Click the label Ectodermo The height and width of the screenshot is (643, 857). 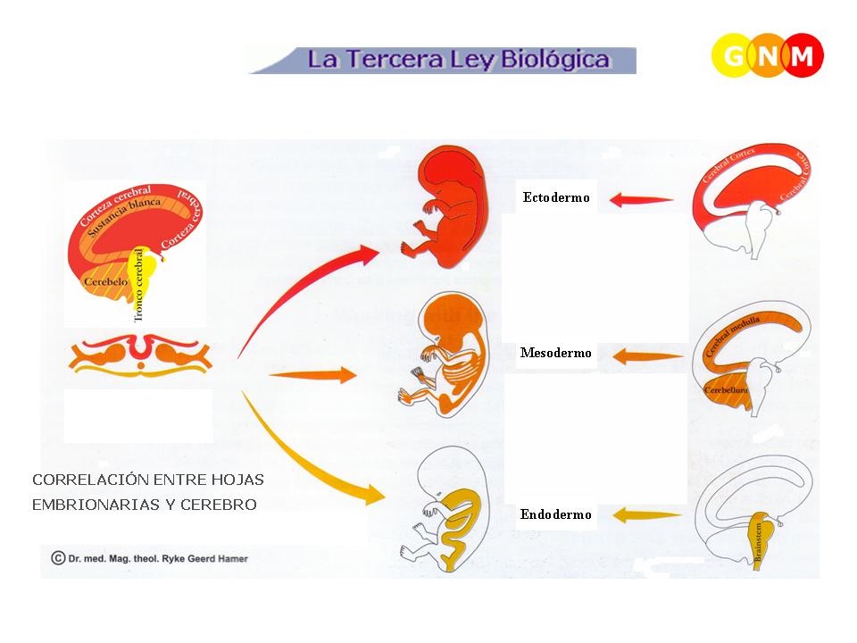(556, 197)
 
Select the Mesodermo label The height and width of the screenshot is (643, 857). (555, 354)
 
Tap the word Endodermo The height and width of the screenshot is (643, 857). (555, 514)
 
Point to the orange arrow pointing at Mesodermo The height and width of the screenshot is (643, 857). (641, 356)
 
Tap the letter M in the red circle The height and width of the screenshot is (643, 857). (802, 56)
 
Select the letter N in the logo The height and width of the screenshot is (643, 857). (769, 56)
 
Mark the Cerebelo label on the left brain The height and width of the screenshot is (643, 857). (105, 283)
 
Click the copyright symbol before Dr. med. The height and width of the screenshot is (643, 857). (57, 558)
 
